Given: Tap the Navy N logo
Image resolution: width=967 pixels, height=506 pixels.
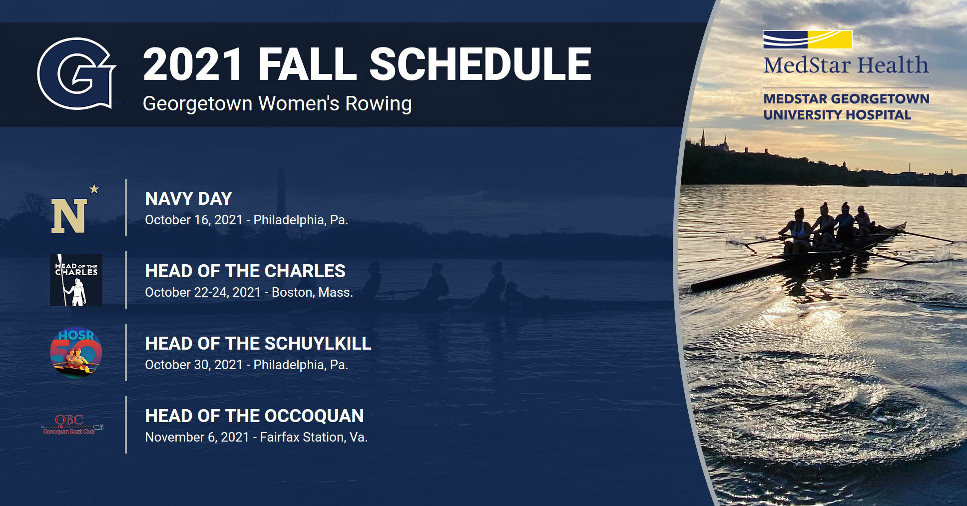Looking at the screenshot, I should tap(69, 216).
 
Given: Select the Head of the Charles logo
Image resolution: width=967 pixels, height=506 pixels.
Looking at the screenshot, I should tap(76, 280).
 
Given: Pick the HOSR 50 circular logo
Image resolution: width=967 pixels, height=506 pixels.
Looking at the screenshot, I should tap(76, 352).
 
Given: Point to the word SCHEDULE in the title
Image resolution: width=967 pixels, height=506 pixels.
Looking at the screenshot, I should tap(480, 64).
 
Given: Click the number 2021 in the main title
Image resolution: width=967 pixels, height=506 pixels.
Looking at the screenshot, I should tap(192, 64).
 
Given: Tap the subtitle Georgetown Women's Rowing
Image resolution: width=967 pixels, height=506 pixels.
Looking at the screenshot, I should tap(277, 104).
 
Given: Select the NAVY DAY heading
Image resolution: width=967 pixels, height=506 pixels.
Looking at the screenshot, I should tap(188, 199).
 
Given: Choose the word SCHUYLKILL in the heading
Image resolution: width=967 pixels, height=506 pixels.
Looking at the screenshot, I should tap(318, 344).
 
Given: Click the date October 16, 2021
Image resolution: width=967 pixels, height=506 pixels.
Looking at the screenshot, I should tap(194, 220).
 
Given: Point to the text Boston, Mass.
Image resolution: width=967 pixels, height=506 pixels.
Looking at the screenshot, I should tap(312, 293).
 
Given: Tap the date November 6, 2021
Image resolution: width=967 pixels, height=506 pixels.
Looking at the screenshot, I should tap(197, 438).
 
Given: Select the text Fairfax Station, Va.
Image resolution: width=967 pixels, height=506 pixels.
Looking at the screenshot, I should tap(314, 438).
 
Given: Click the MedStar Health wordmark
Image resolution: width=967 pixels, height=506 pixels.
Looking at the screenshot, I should tap(846, 65).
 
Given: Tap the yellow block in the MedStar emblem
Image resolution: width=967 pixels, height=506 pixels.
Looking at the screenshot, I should tap(830, 39).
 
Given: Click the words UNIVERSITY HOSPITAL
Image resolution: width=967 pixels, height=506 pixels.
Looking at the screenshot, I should tap(837, 115).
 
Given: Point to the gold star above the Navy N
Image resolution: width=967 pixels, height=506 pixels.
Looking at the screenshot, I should tap(94, 189).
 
